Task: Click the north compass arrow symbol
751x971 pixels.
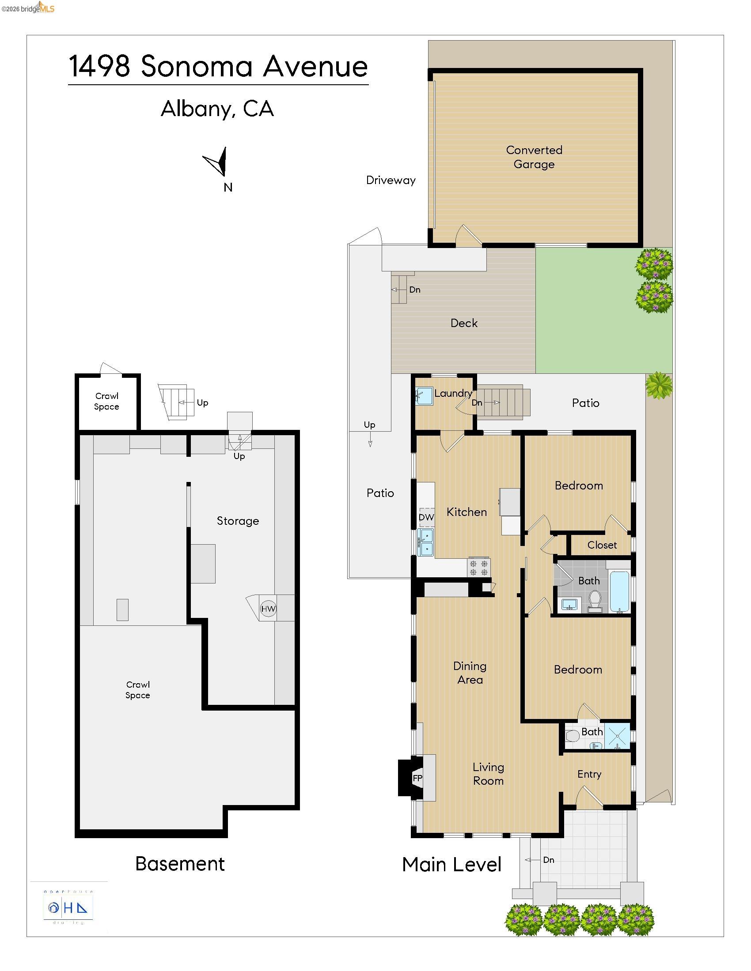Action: (x=217, y=162)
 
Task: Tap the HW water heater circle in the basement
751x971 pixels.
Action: (x=268, y=609)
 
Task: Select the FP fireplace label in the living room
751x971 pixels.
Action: (x=417, y=778)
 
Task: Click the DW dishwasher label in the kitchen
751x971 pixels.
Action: (x=426, y=517)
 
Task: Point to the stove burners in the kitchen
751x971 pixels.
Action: (x=478, y=568)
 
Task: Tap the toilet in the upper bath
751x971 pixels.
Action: (x=594, y=601)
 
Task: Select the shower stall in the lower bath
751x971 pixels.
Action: (x=618, y=737)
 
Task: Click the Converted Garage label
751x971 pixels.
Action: (x=534, y=157)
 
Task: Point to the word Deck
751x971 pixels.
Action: (x=463, y=323)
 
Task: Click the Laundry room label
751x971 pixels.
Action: (x=453, y=393)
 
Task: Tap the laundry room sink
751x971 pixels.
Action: (x=424, y=395)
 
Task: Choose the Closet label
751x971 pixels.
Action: (x=602, y=545)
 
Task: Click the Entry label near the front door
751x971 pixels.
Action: (x=589, y=774)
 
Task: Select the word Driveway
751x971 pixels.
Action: (x=391, y=180)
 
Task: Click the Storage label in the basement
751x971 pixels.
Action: (x=238, y=521)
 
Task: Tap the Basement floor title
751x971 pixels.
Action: (x=180, y=864)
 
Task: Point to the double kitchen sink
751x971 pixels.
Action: (x=426, y=542)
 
